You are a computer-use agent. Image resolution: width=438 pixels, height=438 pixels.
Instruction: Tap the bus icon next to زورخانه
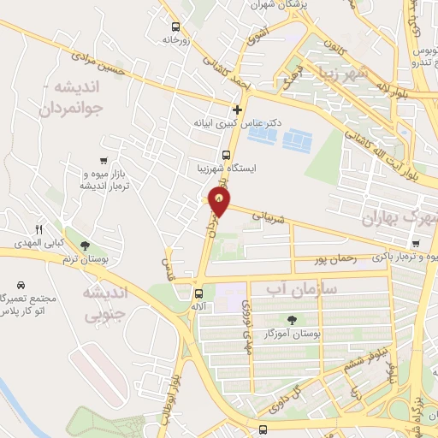[x=175, y=27]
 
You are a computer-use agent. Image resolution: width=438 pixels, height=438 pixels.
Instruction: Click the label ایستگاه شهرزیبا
[x=226, y=169]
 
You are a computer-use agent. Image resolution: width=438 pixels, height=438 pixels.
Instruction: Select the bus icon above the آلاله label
[x=198, y=293]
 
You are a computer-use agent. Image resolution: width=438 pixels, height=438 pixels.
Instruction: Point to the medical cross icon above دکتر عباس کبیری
[x=238, y=109]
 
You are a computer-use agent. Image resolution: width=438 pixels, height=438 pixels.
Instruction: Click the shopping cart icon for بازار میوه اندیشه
[x=104, y=160]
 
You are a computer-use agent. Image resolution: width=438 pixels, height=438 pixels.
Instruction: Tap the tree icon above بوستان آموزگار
[x=293, y=319]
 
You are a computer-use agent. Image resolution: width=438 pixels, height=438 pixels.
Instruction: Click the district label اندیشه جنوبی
[x=104, y=303]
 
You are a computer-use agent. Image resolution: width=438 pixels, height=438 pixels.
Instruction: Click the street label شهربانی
[x=273, y=220]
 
